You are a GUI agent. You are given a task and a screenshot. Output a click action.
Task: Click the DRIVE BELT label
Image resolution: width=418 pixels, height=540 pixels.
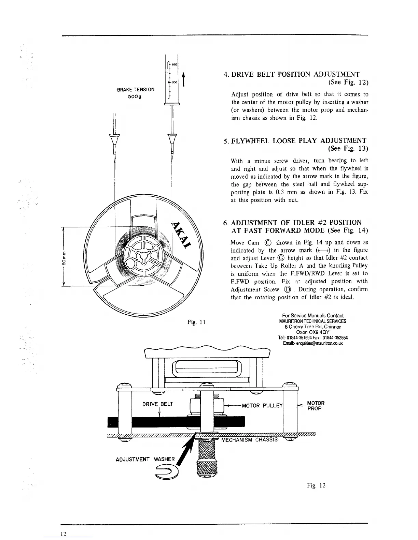pos(158,404)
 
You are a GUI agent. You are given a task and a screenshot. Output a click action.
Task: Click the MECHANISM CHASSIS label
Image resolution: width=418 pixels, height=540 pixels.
pos(250,439)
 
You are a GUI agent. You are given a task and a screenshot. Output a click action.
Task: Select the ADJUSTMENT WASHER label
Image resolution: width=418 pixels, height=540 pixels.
pos(145,459)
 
